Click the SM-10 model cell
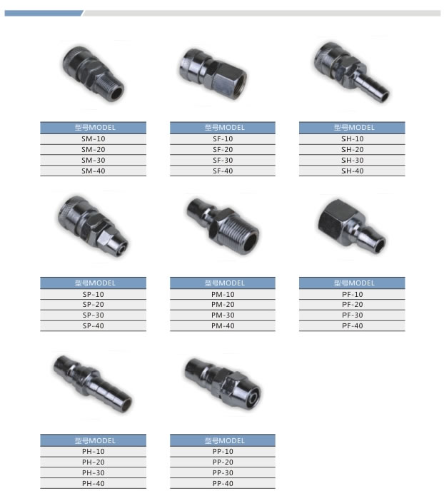click(93, 139)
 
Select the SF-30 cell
click(223, 161)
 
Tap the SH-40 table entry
click(352, 171)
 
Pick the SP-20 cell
click(93, 305)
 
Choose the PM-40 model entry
click(223, 326)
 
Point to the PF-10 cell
click(352, 294)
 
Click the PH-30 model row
click(93, 472)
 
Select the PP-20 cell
click(223, 462)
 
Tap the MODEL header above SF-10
click(223, 128)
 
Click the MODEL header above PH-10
click(93, 440)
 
